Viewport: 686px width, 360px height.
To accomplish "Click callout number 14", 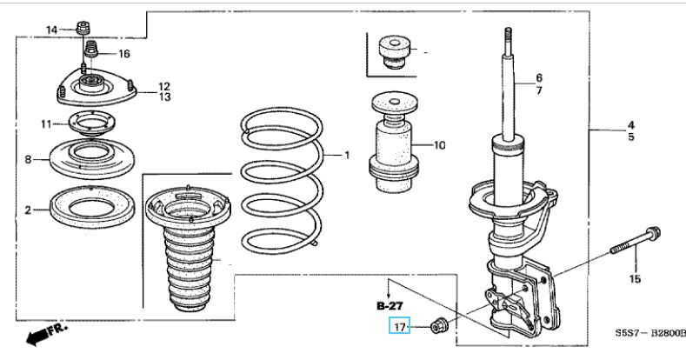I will [51, 30].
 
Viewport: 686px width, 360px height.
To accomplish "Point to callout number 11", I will [46, 124].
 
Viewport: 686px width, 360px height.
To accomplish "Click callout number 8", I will [28, 160].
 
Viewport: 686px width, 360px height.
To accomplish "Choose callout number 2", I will [28, 210].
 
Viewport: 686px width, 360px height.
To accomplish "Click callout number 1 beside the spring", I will [346, 156].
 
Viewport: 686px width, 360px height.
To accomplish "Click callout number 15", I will [635, 279].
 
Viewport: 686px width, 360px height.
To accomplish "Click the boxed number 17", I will [398, 327].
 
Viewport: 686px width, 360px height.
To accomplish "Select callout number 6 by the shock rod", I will [539, 77].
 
